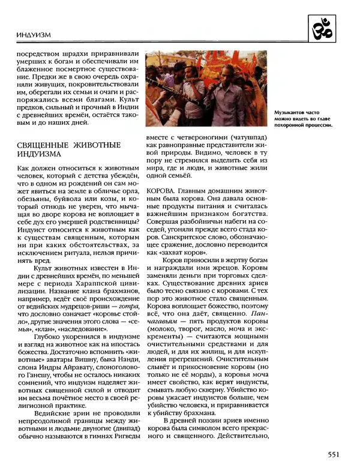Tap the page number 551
tap(336, 454)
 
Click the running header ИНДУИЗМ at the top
tap(33, 37)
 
